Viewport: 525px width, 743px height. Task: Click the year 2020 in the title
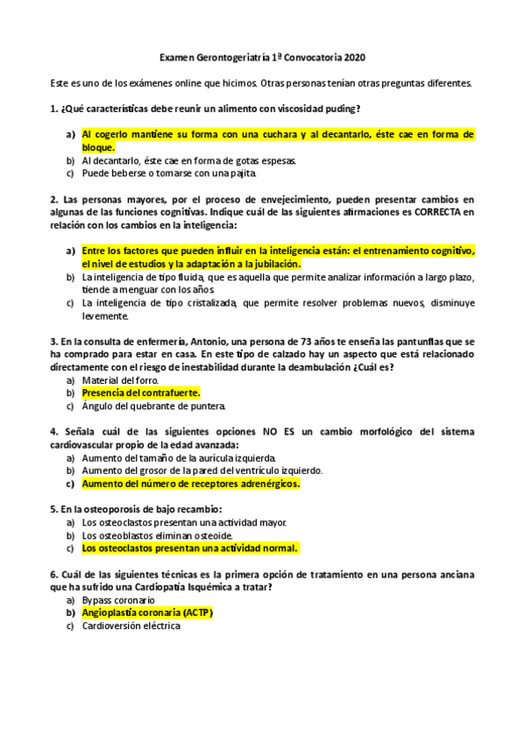355,58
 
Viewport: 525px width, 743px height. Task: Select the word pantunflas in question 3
429,340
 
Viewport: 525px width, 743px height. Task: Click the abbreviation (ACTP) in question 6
197,613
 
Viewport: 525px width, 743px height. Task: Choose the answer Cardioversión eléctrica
131,626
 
